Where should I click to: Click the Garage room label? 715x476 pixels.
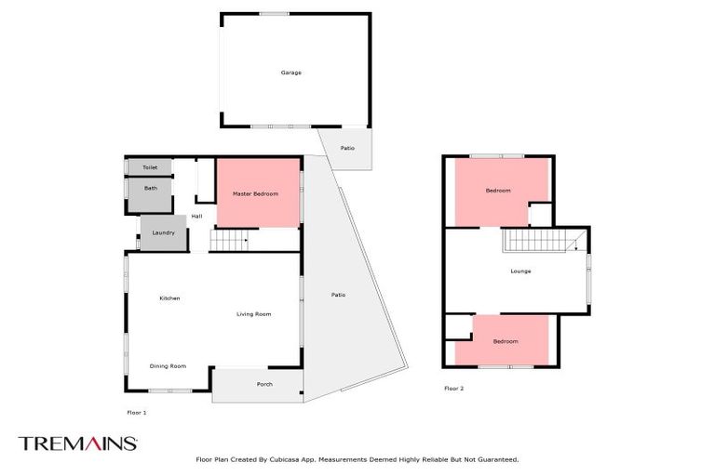pos(291,73)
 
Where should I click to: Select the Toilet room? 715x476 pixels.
pos(150,167)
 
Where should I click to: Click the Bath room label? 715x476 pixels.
pos(150,188)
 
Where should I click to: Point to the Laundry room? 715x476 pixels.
pos(163,232)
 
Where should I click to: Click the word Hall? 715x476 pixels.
pos(196,217)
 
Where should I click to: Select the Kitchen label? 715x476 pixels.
pos(169,298)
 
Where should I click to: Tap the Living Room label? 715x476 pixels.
pos(252,314)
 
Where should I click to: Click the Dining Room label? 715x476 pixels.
pos(168,366)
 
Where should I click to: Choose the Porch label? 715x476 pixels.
pos(264,384)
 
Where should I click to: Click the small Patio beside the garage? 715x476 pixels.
pos(347,148)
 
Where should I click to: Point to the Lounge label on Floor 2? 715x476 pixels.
pos(520,271)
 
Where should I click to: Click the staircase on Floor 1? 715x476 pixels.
pos(229,242)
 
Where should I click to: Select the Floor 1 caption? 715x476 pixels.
pos(136,412)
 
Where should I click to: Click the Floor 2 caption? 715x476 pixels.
pos(453,389)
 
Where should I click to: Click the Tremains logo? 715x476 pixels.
pos(78,443)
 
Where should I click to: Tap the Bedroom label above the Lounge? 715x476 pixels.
pos(498,191)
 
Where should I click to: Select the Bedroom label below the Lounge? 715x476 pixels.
pos(506,341)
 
